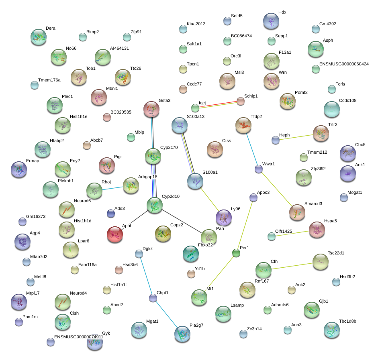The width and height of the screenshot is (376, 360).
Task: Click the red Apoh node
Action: (x=115, y=234)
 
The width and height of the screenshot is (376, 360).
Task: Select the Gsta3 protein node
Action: (x=151, y=109)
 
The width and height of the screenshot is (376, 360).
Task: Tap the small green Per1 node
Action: (x=236, y=253)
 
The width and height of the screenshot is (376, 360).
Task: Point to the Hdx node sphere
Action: (x=271, y=21)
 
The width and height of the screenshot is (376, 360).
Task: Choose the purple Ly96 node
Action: (x=224, y=218)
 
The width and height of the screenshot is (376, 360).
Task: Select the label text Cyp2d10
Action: (x=171, y=196)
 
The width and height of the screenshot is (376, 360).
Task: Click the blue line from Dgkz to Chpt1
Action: (x=146, y=276)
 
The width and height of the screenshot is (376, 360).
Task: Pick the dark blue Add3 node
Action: (x=111, y=214)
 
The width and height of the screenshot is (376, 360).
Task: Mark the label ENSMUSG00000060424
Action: (x=344, y=64)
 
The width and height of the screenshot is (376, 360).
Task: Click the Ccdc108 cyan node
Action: (x=332, y=109)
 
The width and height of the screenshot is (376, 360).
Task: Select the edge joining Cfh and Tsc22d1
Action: (x=292, y=266)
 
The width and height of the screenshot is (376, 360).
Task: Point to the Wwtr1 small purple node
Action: (x=259, y=169)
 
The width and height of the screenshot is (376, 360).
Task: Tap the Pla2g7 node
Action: (x=182, y=334)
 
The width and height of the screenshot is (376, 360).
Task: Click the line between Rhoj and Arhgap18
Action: (x=113, y=188)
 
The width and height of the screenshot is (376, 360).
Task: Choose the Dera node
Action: (x=39, y=37)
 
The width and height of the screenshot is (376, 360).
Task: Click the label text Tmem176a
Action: (x=49, y=80)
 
